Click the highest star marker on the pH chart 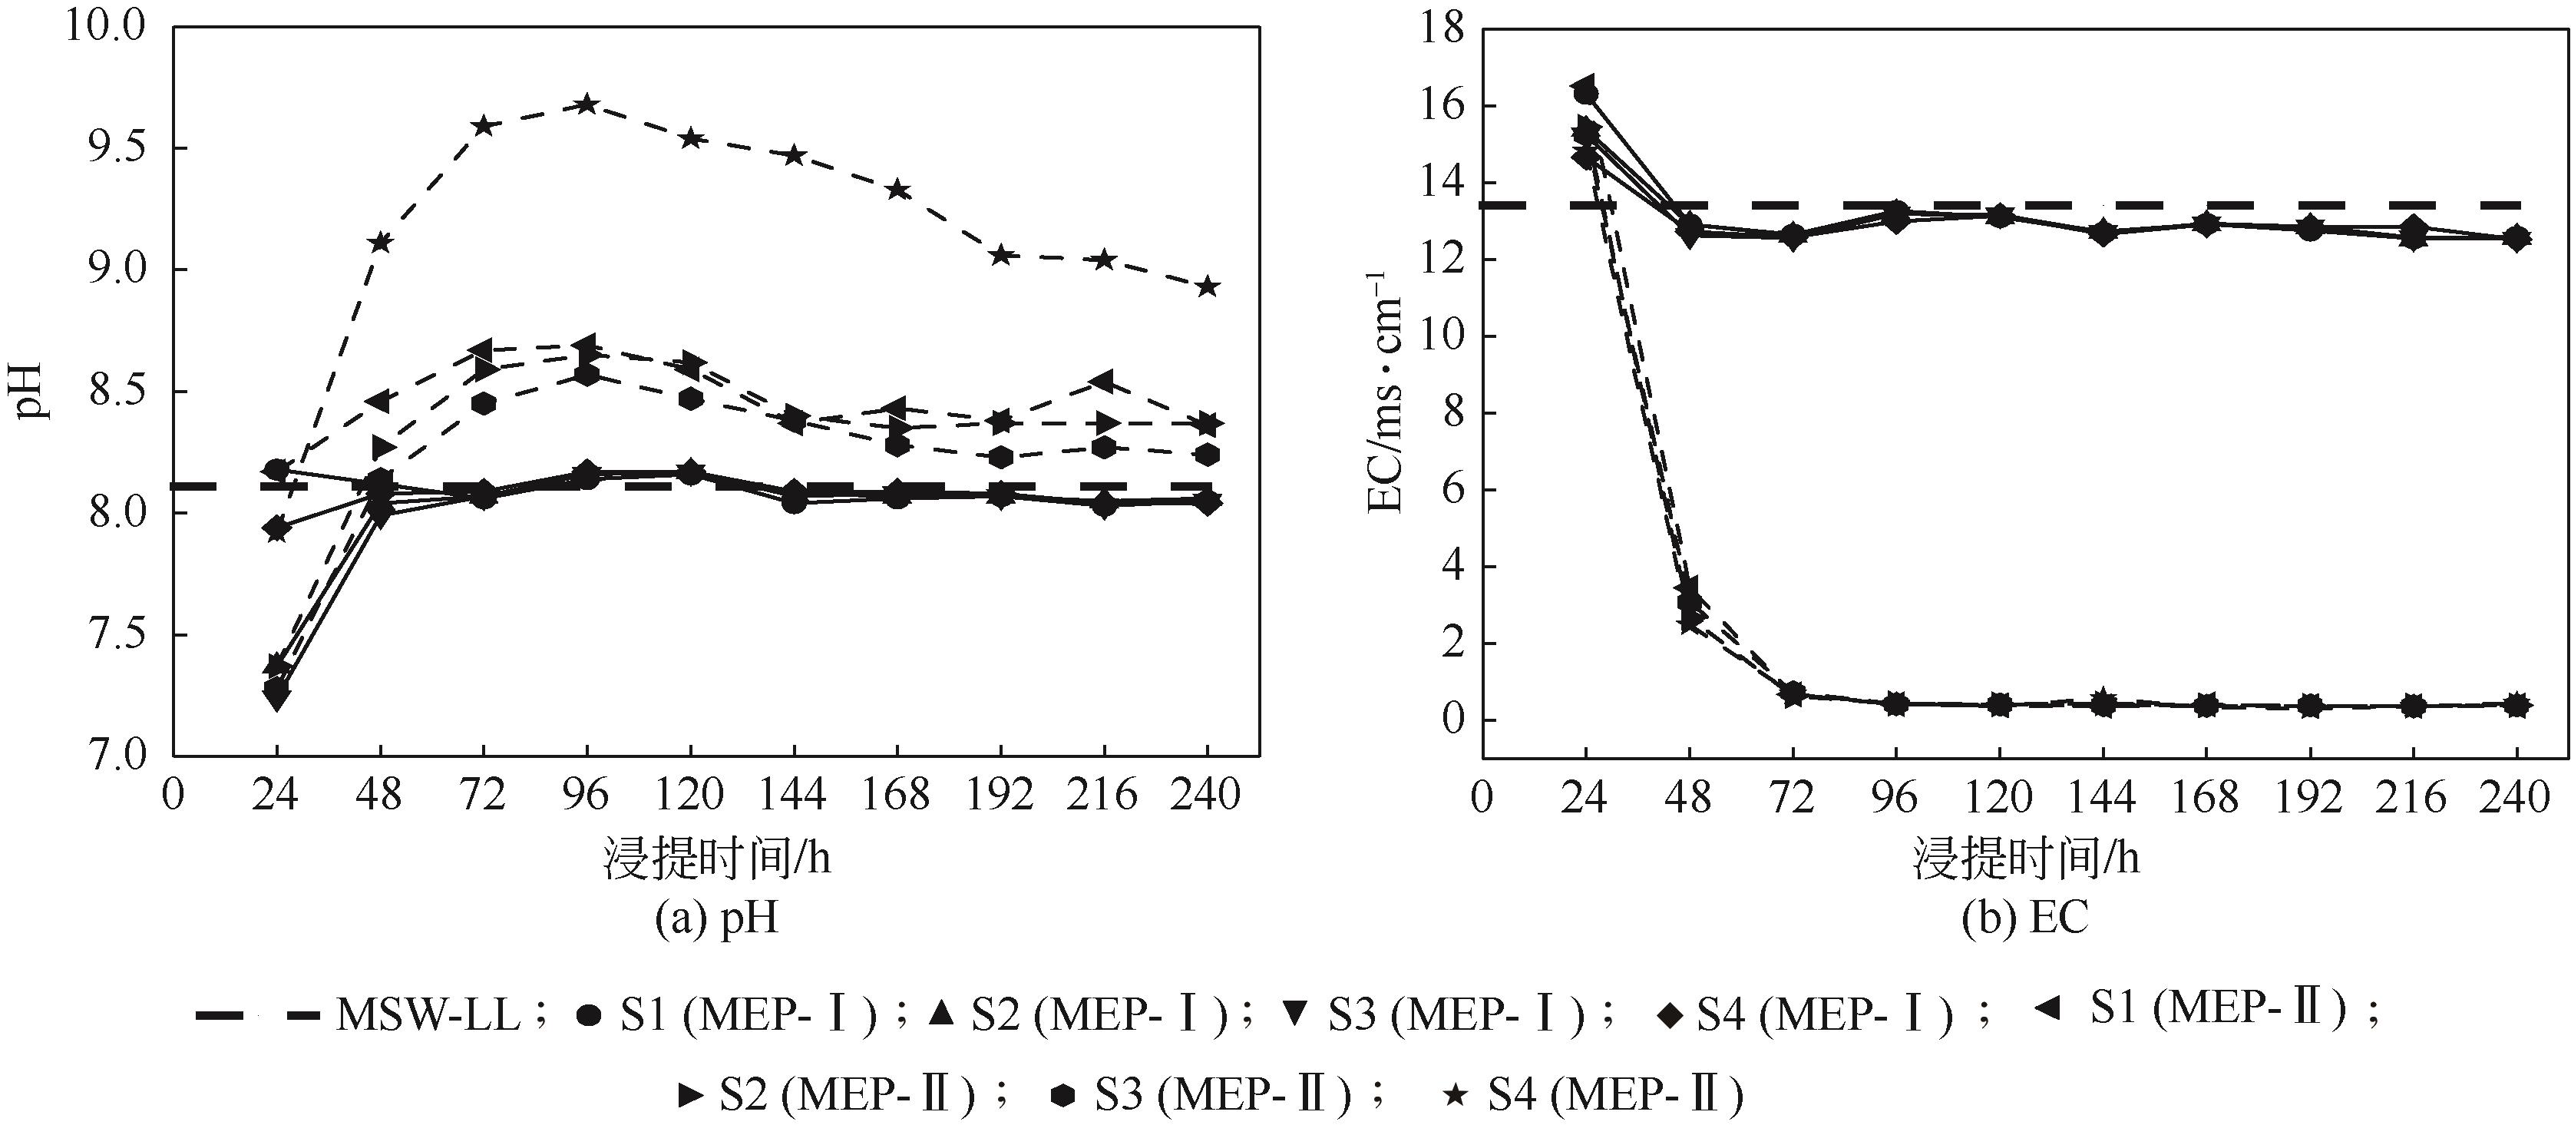[586, 104]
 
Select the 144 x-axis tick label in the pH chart [792, 796]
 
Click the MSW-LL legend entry [359, 1016]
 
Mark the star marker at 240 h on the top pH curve [1208, 286]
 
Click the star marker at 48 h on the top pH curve [380, 242]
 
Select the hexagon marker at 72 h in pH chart [484, 403]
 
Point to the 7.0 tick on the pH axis [105, 755]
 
